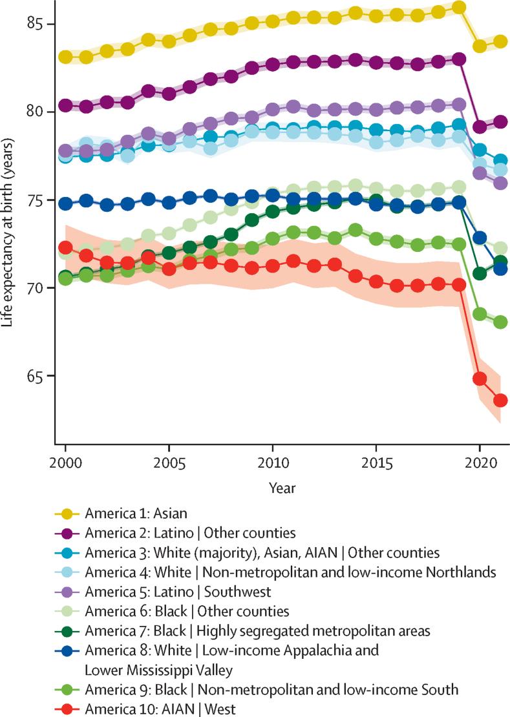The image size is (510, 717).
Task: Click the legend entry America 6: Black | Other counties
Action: [x=187, y=610]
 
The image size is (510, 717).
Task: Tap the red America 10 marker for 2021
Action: [x=500, y=400]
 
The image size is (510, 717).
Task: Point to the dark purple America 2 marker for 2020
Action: [x=480, y=127]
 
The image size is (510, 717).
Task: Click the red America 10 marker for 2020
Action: [x=480, y=379]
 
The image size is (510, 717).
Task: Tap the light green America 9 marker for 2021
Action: [x=500, y=322]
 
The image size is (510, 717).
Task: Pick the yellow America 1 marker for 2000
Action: [x=65, y=57]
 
